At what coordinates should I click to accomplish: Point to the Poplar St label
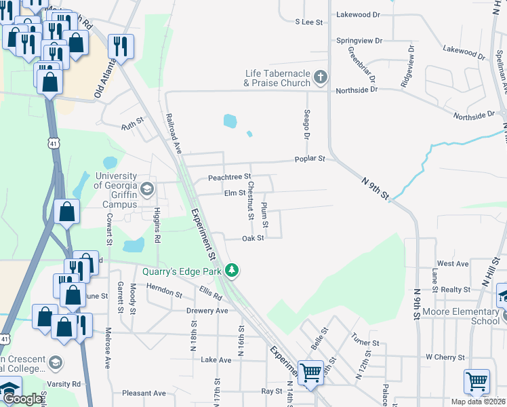(310, 159)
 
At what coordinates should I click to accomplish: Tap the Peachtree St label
(229, 177)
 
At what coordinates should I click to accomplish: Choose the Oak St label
(253, 238)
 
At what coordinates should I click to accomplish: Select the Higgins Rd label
(157, 225)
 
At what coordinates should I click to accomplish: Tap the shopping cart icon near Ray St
(310, 372)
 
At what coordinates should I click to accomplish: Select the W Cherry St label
(445, 357)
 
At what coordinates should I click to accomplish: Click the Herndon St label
(164, 292)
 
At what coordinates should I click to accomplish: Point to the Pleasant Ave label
(144, 393)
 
